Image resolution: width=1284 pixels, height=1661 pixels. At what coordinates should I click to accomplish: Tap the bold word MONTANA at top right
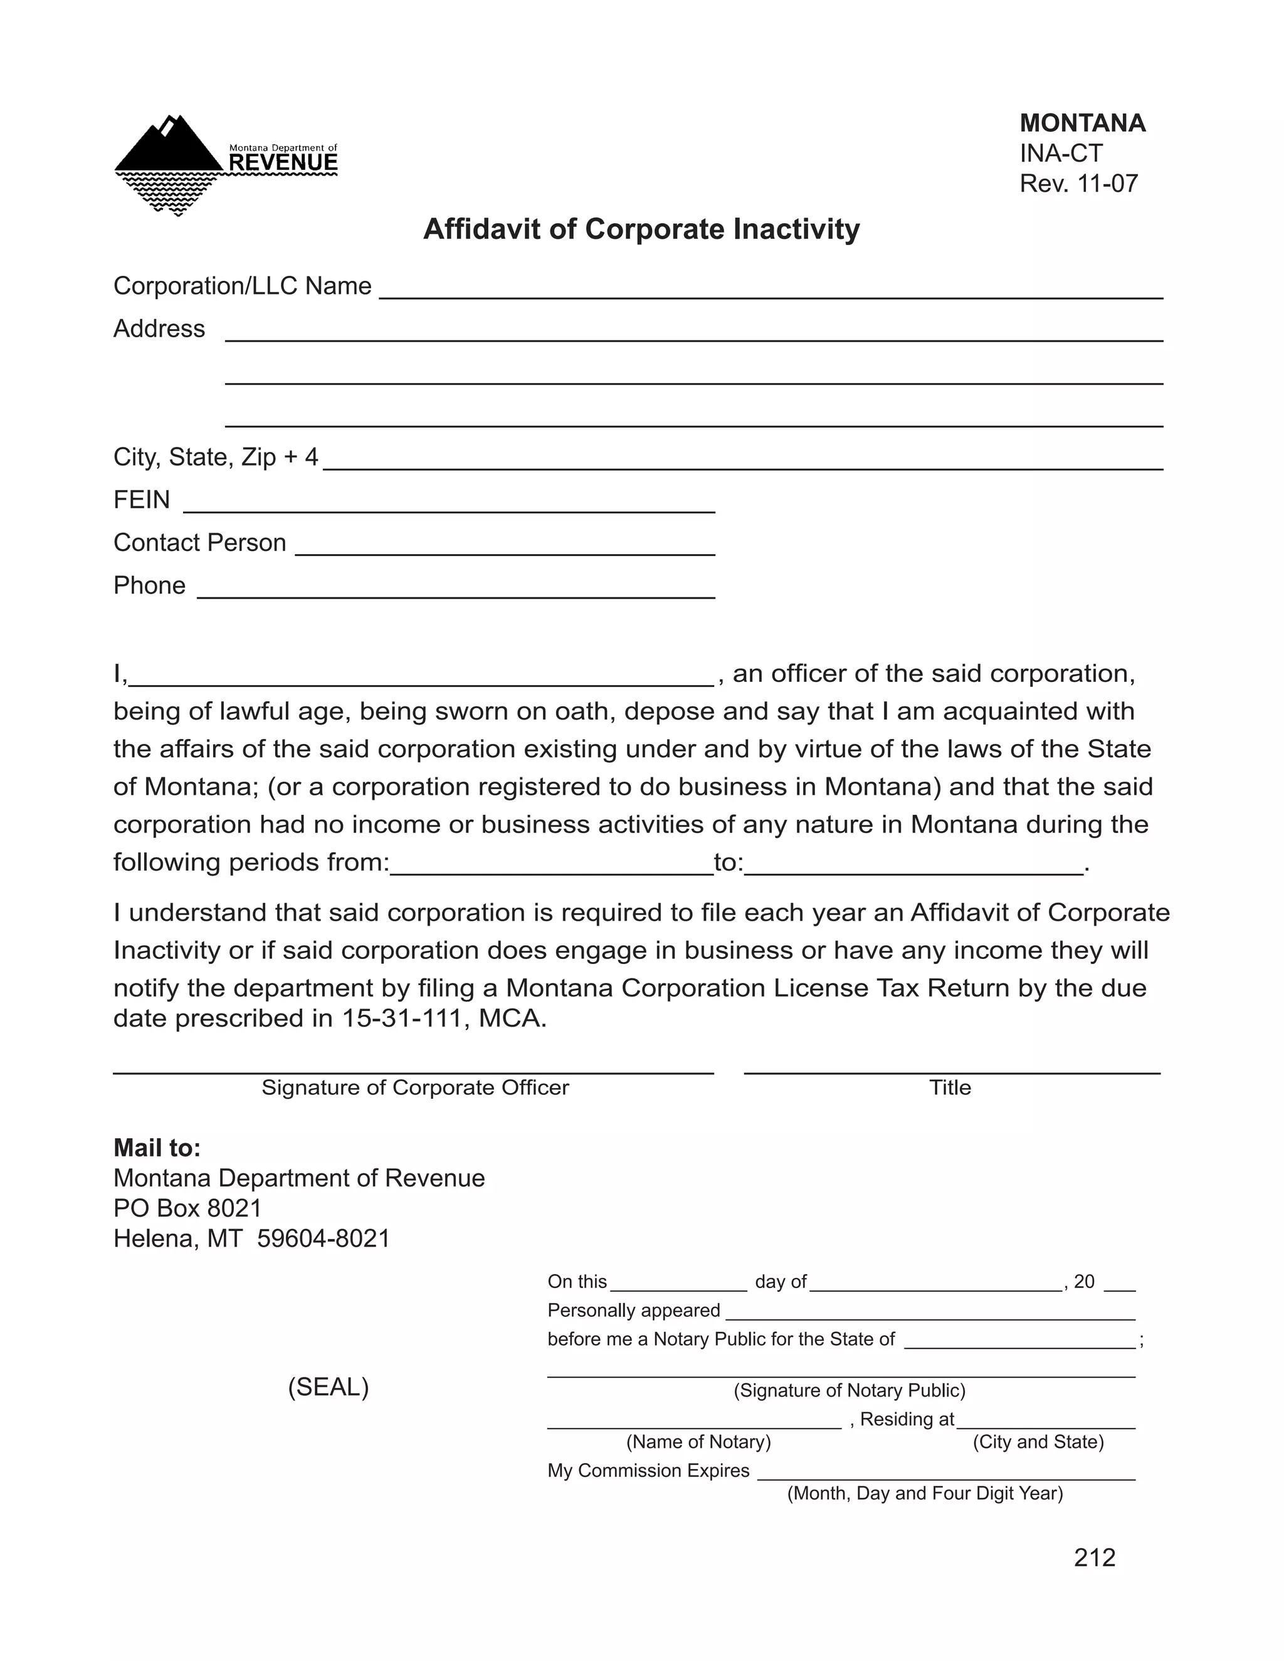(1081, 123)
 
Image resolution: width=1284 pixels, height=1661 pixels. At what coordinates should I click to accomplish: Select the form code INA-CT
(1060, 154)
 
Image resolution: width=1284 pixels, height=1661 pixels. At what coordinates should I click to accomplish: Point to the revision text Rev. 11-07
(1078, 184)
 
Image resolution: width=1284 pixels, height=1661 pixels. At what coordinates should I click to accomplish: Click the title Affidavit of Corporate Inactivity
(641, 229)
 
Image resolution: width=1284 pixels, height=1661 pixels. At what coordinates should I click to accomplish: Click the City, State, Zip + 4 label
(215, 457)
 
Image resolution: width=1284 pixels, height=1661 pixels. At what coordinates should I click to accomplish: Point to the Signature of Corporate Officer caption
(414, 1087)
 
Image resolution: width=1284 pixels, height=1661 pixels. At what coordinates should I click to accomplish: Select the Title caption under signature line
(949, 1087)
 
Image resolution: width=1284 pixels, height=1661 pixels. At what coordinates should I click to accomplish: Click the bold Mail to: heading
(157, 1148)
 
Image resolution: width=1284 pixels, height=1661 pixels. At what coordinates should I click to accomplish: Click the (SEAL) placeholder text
(328, 1387)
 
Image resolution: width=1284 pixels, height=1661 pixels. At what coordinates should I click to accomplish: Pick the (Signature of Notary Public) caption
(849, 1391)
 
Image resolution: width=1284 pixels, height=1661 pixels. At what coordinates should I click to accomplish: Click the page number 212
(1094, 1558)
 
